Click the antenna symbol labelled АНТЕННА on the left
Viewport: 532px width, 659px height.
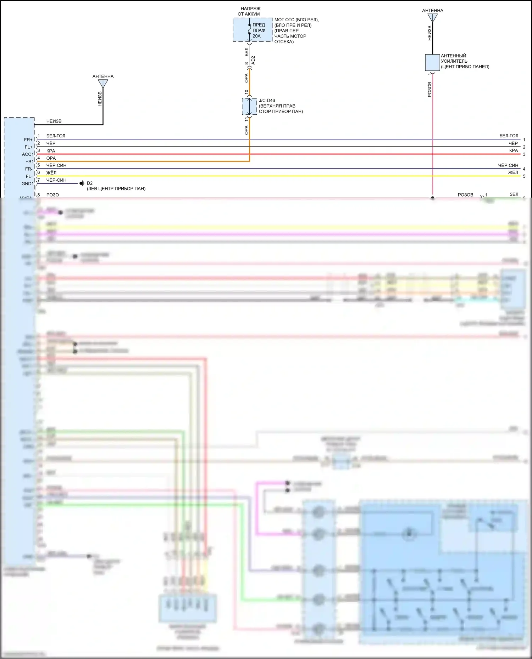pyautogui.click(x=103, y=84)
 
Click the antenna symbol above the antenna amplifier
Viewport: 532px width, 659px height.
pyautogui.click(x=432, y=18)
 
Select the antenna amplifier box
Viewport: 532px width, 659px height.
pyautogui.click(x=432, y=63)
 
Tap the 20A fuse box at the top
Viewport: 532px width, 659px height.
pyautogui.click(x=253, y=30)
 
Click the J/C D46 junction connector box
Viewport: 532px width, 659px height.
pyautogui.click(x=249, y=106)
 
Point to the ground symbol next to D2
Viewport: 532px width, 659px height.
pyautogui.click(x=83, y=183)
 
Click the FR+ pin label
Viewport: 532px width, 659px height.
pyautogui.click(x=28, y=140)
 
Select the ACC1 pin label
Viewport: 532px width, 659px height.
pyautogui.click(x=27, y=154)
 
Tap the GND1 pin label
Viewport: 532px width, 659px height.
pyautogui.click(x=27, y=184)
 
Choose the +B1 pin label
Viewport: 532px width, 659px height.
pyautogui.click(x=29, y=162)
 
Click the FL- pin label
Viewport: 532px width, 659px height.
pyautogui.click(x=29, y=176)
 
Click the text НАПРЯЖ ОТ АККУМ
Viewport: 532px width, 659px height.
pyautogui.click(x=250, y=11)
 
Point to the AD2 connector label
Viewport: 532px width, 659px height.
pyautogui.click(x=253, y=60)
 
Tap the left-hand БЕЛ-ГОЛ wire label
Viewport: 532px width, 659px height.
pyautogui.click(x=56, y=136)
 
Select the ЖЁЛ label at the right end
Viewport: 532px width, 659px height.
pyautogui.click(x=513, y=172)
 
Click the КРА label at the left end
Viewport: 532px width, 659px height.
pyautogui.click(x=51, y=151)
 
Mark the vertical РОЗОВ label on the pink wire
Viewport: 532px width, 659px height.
pyautogui.click(x=430, y=90)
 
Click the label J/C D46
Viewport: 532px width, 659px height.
pyautogui.click(x=267, y=101)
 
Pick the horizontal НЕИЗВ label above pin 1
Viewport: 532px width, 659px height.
pyautogui.click(x=54, y=121)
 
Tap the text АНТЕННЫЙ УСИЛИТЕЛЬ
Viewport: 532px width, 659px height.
pyautogui.click(x=454, y=58)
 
